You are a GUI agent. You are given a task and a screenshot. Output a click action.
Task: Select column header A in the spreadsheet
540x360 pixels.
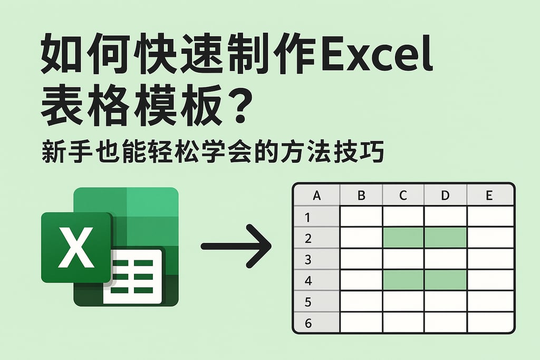point(317,196)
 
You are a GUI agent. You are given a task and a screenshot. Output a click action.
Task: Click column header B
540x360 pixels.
point(361,196)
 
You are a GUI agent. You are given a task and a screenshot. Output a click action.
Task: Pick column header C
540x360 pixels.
point(403,196)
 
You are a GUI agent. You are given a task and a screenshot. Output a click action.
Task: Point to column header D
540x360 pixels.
point(445,196)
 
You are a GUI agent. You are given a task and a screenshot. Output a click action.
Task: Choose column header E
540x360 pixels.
point(489,196)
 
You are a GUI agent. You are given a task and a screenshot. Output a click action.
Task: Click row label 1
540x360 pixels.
point(308,217)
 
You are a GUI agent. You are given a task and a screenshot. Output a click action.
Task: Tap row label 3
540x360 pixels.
point(308,259)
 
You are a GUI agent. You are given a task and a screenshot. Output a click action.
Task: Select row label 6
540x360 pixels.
point(308,323)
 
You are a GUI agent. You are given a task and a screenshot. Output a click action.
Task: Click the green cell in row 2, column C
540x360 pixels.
point(403,238)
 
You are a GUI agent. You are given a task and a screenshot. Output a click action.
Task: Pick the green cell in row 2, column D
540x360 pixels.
point(446,238)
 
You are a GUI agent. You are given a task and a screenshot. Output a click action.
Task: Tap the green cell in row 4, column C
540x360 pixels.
point(403,279)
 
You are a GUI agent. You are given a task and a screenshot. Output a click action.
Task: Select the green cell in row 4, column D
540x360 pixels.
point(446,279)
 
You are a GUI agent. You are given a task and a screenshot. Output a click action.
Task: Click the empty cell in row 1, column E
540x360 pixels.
point(490,217)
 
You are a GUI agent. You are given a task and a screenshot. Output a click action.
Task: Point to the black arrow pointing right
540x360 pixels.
point(236,246)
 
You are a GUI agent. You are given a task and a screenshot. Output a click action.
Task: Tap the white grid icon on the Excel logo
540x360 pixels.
point(136,277)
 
